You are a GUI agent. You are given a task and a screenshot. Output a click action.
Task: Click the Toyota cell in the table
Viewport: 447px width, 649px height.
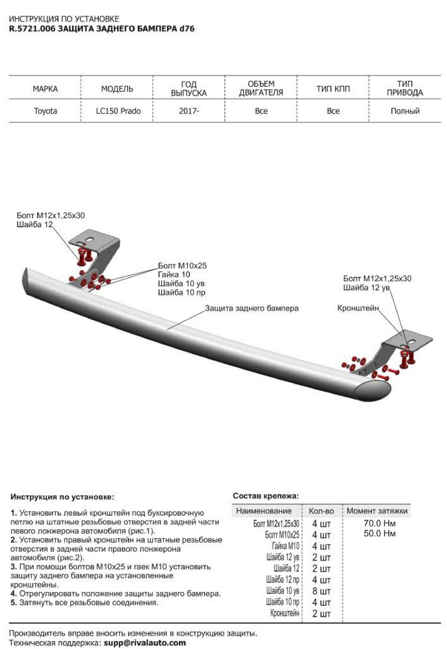click(x=45, y=111)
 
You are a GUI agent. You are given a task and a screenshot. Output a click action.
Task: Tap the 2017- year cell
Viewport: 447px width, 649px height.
click(x=189, y=111)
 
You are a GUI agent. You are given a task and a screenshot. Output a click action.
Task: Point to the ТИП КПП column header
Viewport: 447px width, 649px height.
click(x=333, y=89)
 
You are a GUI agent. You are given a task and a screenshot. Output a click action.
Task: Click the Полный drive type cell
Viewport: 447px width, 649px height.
click(x=405, y=111)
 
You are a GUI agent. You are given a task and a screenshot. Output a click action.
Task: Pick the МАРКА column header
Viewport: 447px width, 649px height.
click(x=45, y=89)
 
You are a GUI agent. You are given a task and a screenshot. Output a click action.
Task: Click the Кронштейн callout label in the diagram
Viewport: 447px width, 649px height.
click(x=358, y=308)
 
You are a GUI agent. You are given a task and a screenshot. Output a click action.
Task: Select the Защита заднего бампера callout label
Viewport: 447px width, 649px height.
click(x=251, y=308)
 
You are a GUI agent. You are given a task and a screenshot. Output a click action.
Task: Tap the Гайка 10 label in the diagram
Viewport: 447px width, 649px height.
click(x=174, y=275)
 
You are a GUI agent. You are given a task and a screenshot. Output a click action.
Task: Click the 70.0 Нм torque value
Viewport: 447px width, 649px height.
click(x=380, y=523)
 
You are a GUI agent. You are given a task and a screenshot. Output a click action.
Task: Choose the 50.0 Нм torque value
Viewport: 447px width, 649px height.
click(x=380, y=534)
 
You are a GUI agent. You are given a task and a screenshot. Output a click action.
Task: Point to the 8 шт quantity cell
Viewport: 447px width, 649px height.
click(x=321, y=591)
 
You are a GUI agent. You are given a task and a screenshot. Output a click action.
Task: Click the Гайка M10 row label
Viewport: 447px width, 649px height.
click(x=285, y=546)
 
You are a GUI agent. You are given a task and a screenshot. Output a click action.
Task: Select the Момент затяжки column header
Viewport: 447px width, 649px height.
click(x=377, y=511)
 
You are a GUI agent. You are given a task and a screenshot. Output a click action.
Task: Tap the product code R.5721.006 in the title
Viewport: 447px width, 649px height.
click(x=32, y=29)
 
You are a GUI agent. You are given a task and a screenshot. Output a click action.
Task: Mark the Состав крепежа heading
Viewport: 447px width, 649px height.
click(x=266, y=496)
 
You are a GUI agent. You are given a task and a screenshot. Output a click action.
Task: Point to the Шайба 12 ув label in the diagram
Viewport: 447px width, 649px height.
click(x=366, y=288)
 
